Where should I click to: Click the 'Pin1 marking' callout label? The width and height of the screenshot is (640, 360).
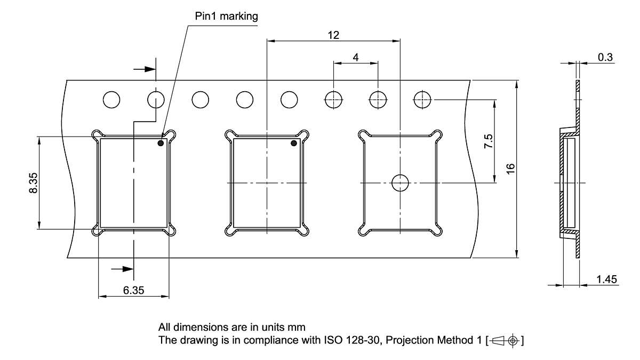pyautogui.click(x=226, y=17)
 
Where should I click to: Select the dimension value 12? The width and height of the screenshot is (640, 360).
pyautogui.click(x=333, y=35)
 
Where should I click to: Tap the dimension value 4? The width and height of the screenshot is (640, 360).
pyautogui.click(x=355, y=57)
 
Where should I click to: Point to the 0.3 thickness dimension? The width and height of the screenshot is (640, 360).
pyautogui.click(x=605, y=58)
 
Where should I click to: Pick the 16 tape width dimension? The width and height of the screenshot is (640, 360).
pyautogui.click(x=510, y=169)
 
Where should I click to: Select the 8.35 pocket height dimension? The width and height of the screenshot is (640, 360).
pyautogui.click(x=33, y=183)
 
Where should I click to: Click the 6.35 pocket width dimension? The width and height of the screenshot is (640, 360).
pyautogui.click(x=133, y=291)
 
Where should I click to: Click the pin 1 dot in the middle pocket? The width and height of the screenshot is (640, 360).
pyautogui.click(x=293, y=143)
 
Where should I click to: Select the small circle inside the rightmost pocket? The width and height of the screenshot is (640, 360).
pyautogui.click(x=399, y=183)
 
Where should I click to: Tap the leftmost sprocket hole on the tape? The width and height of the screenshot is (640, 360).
pyautogui.click(x=111, y=99)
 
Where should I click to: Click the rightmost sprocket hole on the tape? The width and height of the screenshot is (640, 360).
pyautogui.click(x=422, y=99)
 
